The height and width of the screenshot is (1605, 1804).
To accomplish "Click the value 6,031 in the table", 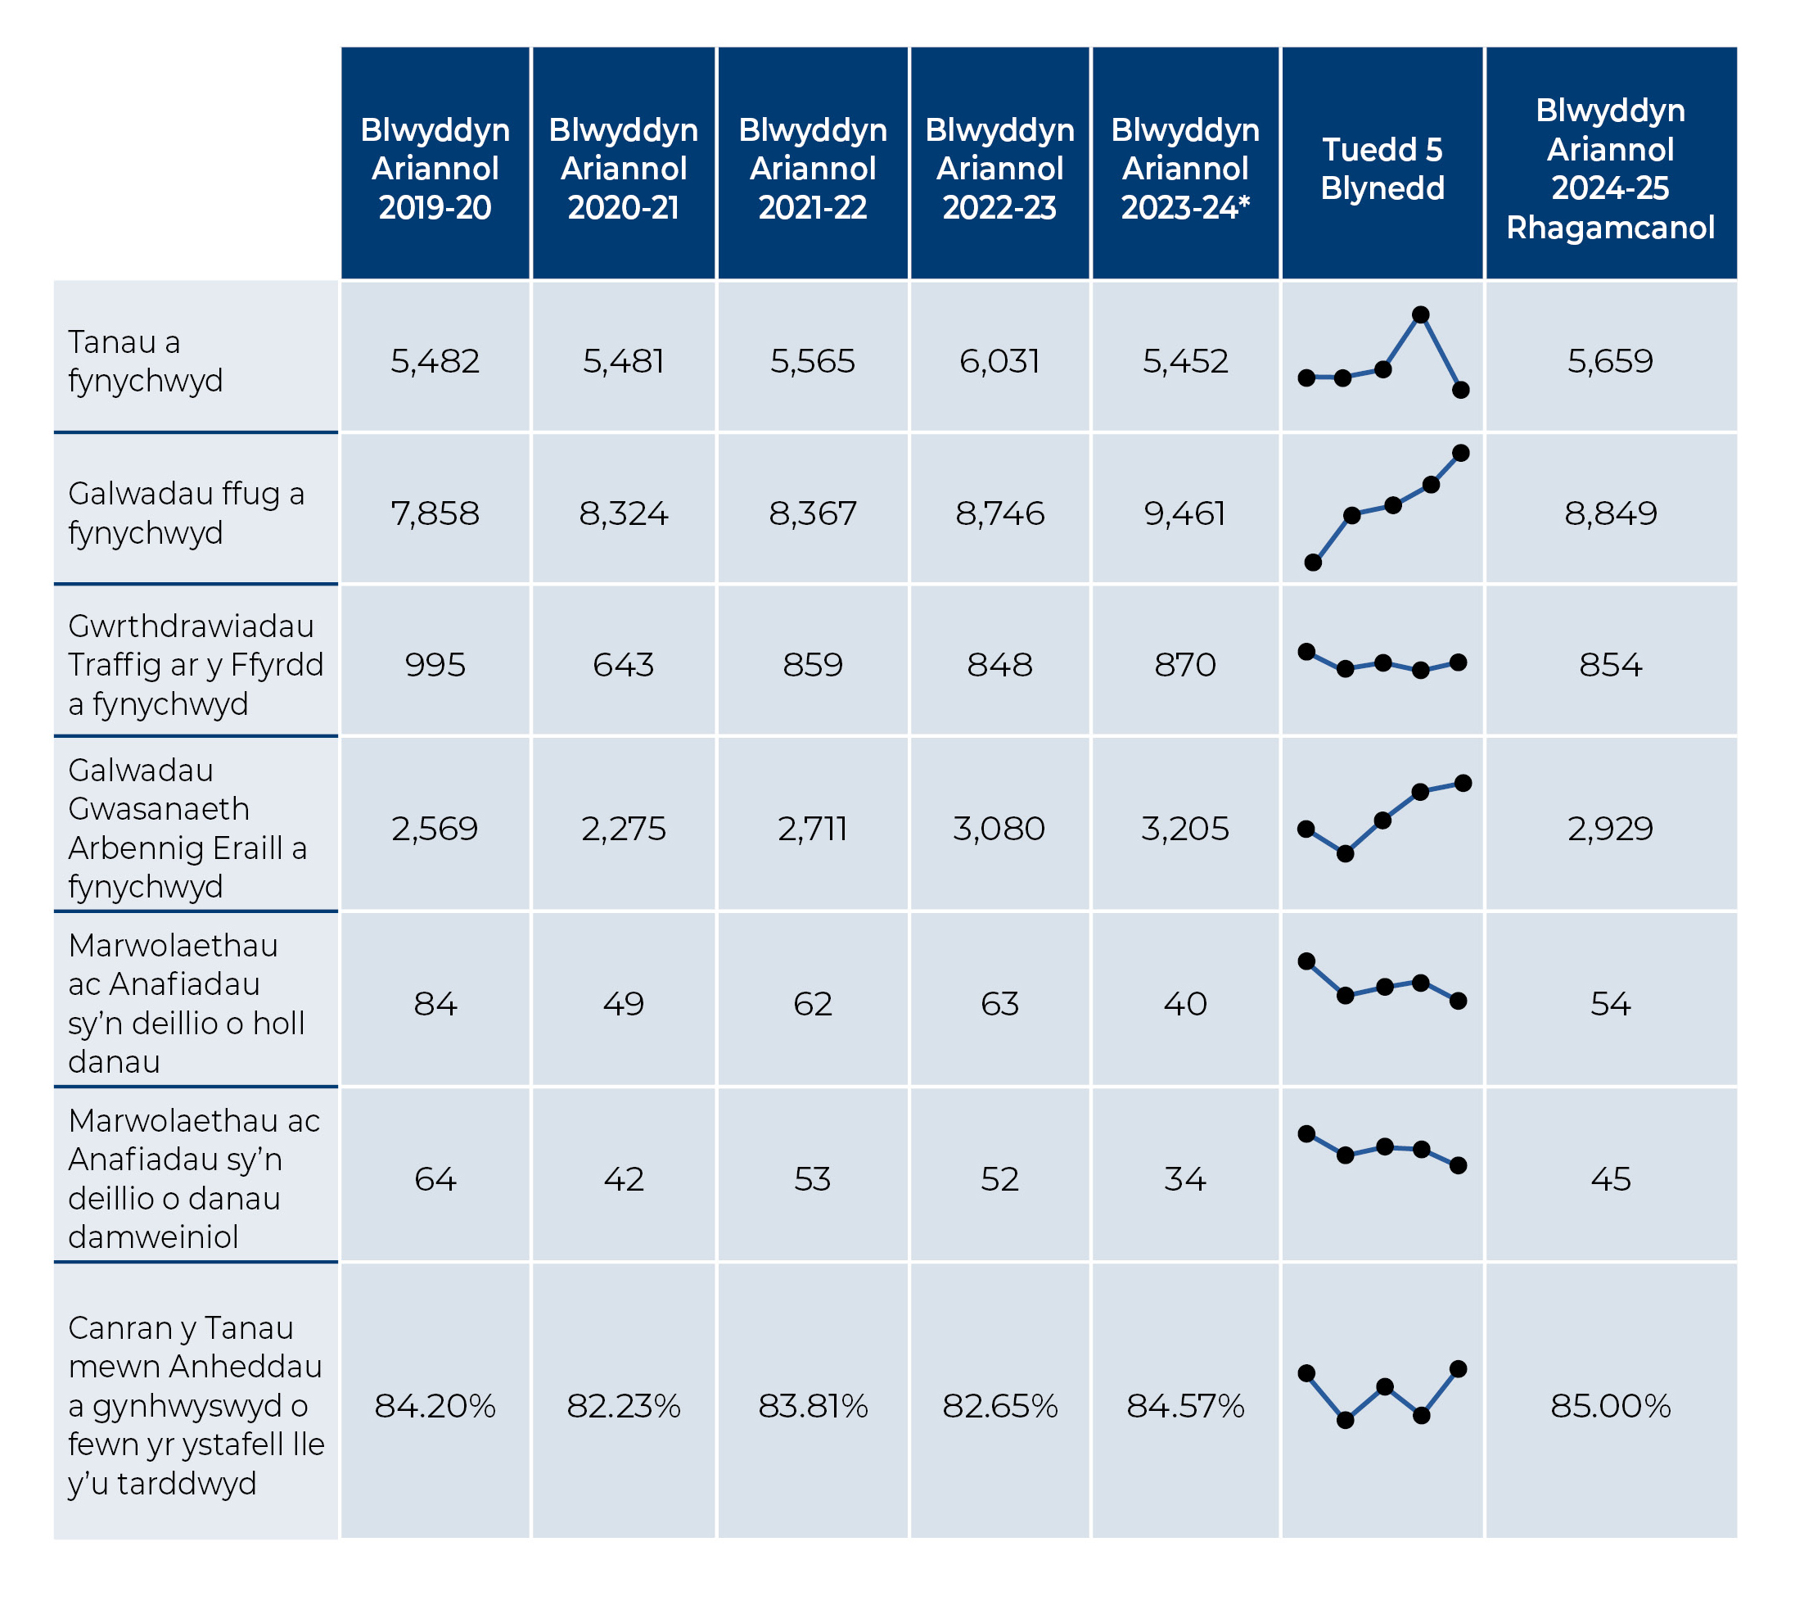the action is pos(1000,361).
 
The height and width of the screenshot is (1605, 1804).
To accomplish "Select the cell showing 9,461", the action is pos(1185,513).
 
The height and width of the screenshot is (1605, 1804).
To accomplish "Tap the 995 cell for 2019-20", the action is pos(435,665).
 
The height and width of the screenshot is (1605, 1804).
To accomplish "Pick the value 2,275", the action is pos(623,828).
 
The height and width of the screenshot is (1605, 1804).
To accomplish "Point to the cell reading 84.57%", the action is pos(1185,1406).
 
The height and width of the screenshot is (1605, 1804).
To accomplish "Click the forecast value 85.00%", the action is pos(1611,1406).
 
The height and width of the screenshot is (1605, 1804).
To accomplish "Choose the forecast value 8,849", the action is pos(1611,513).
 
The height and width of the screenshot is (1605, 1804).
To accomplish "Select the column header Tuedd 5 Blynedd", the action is pos(1382,169).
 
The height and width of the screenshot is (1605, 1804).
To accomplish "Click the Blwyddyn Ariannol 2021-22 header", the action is pos(813,169).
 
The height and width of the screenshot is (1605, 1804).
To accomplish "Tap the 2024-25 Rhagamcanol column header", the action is pos(1611,169).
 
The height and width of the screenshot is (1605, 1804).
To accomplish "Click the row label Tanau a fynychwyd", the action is pos(146,361).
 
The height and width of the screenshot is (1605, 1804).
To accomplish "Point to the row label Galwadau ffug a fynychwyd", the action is pos(187,513).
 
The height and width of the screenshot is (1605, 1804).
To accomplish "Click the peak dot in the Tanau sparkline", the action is pos(1421,314).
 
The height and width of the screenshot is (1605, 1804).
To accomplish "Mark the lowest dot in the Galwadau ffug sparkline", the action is pos(1313,563).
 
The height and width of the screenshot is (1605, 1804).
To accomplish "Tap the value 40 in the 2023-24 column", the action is pos(1185,1004).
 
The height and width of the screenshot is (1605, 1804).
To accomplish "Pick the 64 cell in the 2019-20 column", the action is pos(435,1179).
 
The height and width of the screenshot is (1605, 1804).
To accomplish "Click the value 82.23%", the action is pos(623,1406).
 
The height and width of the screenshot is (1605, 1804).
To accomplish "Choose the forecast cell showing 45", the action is pos(1611,1179).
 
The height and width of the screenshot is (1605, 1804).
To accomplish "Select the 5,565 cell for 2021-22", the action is pos(813,361).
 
